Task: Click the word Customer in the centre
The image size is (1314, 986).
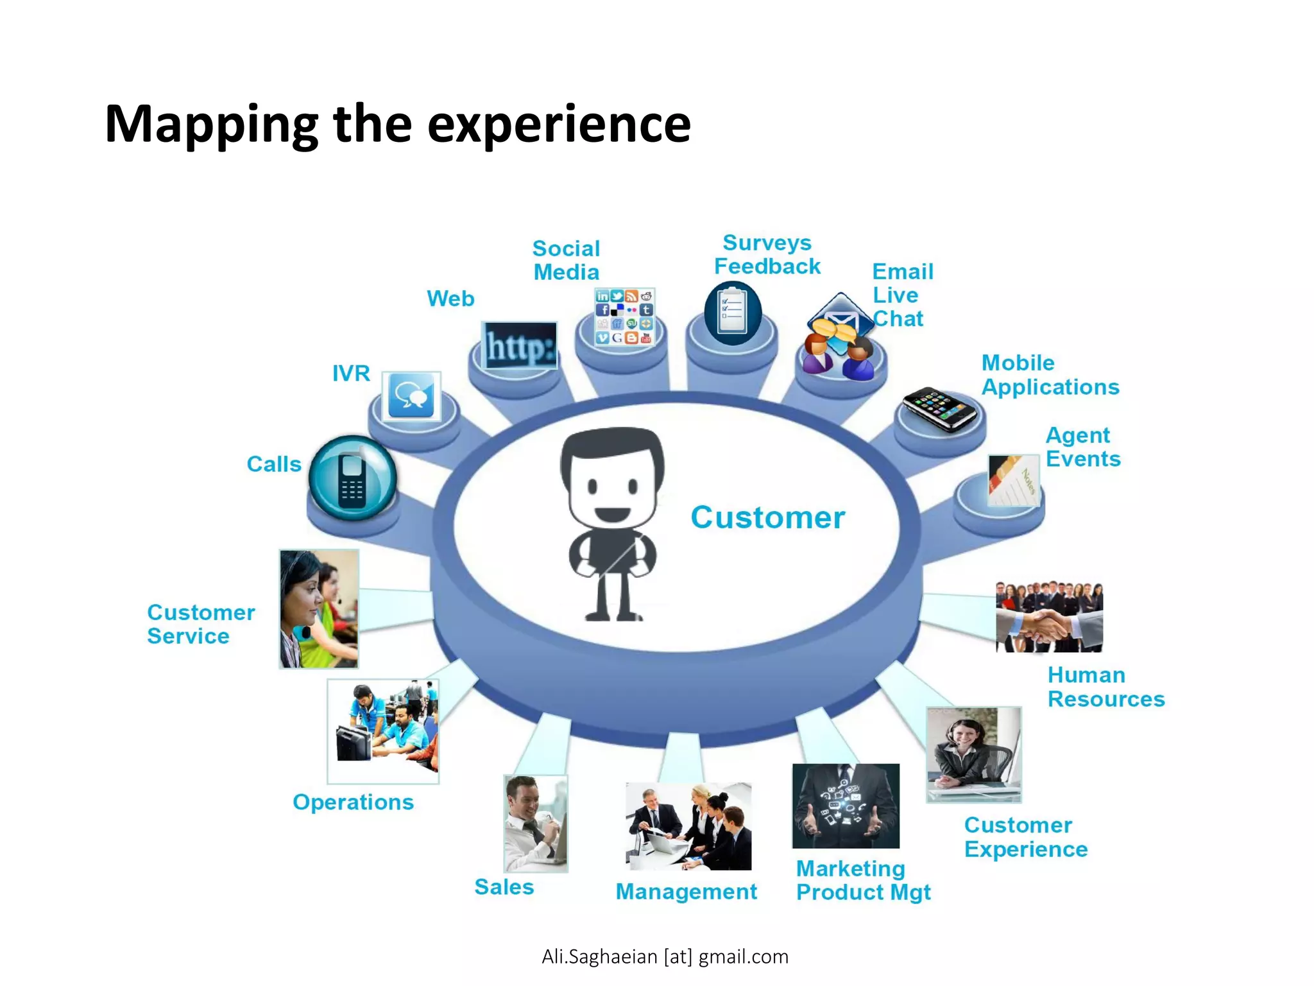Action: [767, 517]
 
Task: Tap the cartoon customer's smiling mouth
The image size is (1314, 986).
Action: [612, 514]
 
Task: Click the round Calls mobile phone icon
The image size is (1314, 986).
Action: [352, 478]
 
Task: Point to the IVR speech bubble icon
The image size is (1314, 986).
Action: [411, 396]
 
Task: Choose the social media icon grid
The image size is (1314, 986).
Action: [624, 316]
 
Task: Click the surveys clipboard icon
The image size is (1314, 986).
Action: [733, 313]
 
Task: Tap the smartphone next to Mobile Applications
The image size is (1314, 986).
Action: [939, 408]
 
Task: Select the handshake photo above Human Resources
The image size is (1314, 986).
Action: [1049, 617]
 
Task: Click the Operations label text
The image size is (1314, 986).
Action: [353, 802]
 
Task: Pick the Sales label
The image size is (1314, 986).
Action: [504, 887]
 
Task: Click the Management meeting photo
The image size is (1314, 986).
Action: [688, 826]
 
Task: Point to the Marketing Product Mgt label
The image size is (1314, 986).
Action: [862, 881]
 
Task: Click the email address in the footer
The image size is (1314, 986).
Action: [665, 956]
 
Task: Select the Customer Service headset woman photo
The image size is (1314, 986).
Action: [319, 609]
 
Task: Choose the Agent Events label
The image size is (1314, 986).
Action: [1082, 447]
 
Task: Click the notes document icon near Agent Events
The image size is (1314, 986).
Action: [1013, 481]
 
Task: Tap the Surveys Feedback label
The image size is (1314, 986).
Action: [767, 255]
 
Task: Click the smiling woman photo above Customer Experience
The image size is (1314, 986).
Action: [973, 754]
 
